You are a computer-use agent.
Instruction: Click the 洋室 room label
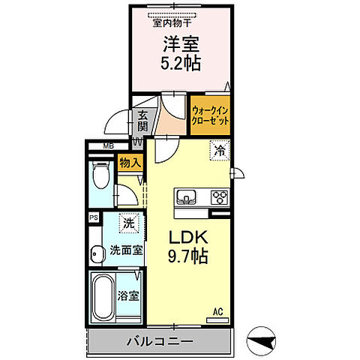(181, 43)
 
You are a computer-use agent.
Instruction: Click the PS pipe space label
(94, 217)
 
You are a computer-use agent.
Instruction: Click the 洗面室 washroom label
(127, 250)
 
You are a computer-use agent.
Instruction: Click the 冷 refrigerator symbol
(220, 150)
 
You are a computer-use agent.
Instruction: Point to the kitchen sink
(187, 198)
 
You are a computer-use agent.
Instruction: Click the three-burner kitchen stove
(220, 198)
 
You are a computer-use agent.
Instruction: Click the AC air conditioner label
(217, 311)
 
